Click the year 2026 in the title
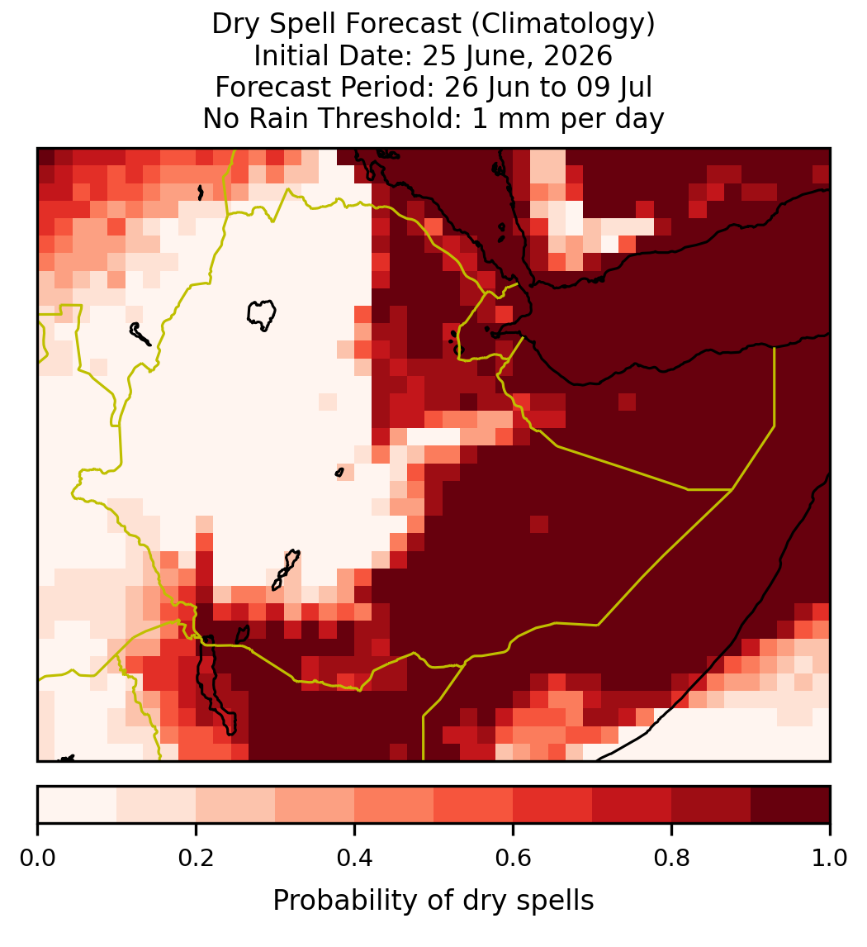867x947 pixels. click(577, 55)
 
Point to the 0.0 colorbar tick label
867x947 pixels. click(37, 858)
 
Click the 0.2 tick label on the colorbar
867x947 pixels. click(196, 858)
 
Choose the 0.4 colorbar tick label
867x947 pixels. click(355, 858)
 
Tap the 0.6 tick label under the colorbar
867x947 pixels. click(513, 858)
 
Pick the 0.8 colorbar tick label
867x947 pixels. click(671, 858)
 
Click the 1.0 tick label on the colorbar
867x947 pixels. click(830, 858)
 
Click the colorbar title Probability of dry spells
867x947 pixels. click(433, 901)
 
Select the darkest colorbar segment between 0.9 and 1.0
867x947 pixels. click(790, 805)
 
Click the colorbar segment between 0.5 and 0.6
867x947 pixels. click(474, 805)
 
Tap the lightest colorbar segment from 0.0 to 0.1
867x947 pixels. click(78, 805)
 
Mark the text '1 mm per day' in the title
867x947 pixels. click(568, 118)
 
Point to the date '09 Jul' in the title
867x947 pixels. click(614, 87)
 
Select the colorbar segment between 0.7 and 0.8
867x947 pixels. click(632, 805)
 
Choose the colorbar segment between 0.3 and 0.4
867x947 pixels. click(315, 805)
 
